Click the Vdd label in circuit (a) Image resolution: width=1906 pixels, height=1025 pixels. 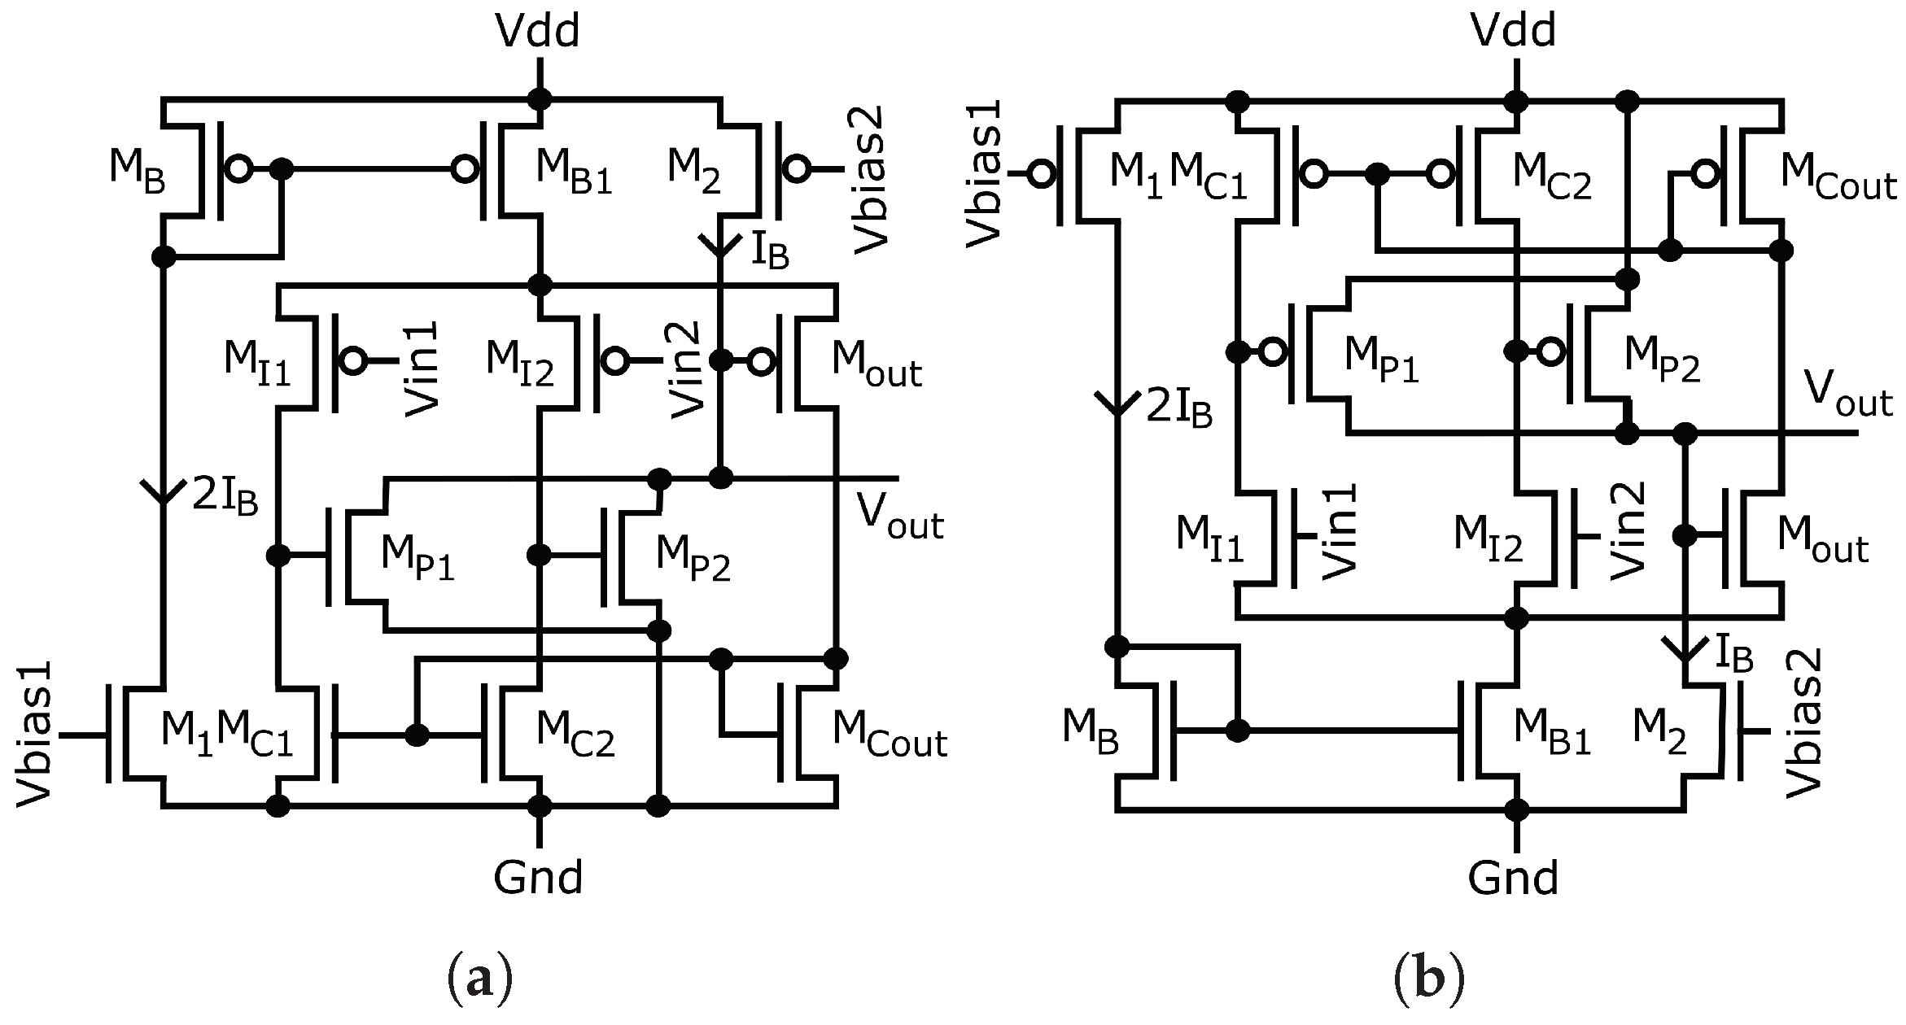(x=538, y=33)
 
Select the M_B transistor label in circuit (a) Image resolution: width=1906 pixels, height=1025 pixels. (x=137, y=172)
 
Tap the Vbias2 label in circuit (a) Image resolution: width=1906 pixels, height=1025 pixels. (x=870, y=181)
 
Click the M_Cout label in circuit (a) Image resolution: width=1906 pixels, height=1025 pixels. (x=889, y=736)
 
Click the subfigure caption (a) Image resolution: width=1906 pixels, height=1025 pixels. (x=480, y=979)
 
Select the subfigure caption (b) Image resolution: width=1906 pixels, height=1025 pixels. (x=1429, y=979)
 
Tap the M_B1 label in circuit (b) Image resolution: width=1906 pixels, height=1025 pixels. (x=1551, y=733)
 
